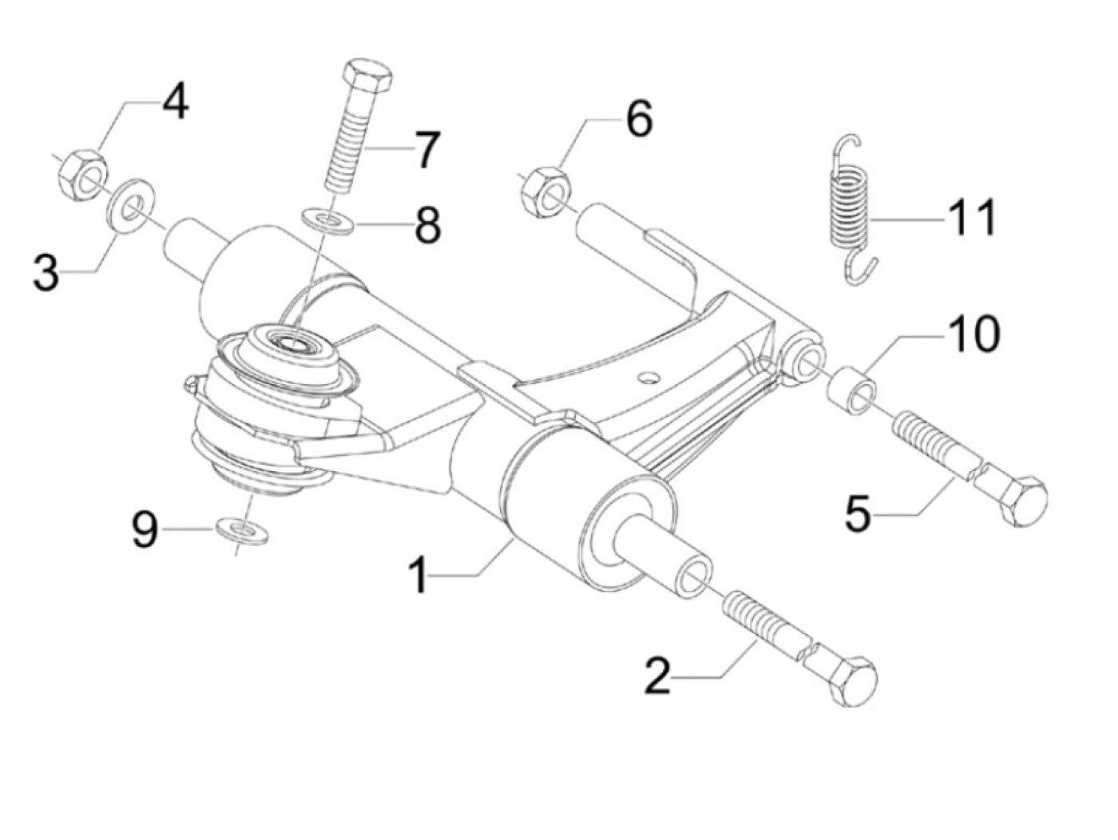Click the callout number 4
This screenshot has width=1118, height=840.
click(x=176, y=102)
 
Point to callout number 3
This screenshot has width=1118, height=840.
click(x=47, y=273)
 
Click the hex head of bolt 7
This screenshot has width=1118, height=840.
click(x=367, y=77)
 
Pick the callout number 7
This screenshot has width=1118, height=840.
click(x=424, y=150)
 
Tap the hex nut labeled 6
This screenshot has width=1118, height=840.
click(x=547, y=192)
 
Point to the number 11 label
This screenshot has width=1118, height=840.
click(x=973, y=216)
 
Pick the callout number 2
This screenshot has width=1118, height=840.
click(x=658, y=676)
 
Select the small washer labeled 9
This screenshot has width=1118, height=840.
click(x=241, y=529)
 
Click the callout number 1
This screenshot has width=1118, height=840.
click(x=418, y=576)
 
